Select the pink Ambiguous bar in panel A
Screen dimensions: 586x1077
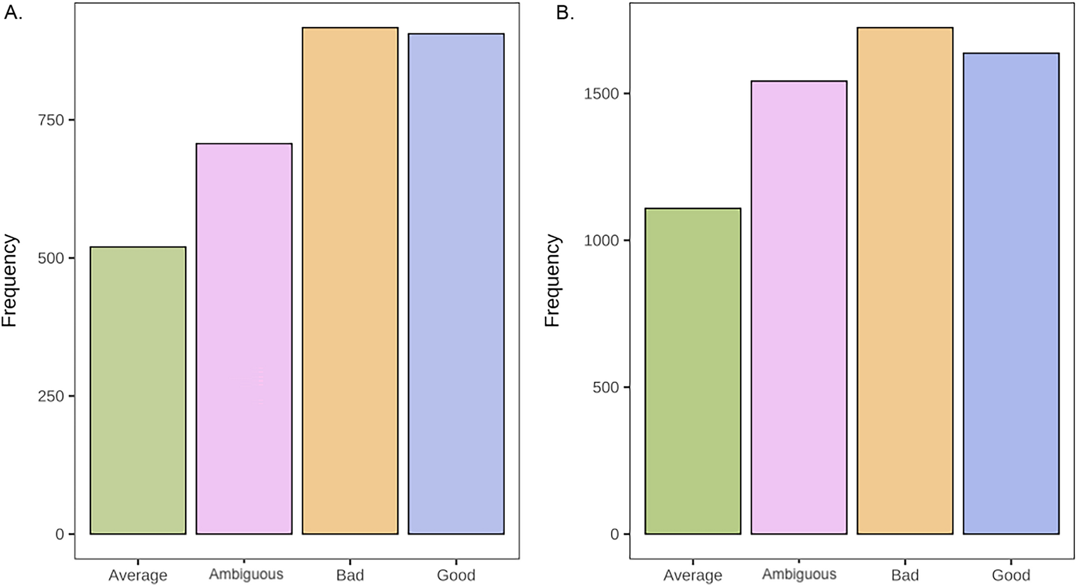pyautogui.click(x=244, y=338)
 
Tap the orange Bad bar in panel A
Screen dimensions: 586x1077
pyautogui.click(x=350, y=281)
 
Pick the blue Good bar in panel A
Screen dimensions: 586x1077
pyautogui.click(x=456, y=283)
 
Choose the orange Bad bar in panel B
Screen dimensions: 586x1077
pyautogui.click(x=904, y=281)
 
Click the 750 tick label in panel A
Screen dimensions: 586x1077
pyautogui.click(x=51, y=120)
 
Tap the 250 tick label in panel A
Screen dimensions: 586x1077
pyautogui.click(x=51, y=396)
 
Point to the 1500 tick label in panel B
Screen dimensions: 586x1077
pyautogui.click(x=601, y=94)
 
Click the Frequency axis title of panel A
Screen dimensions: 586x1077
pyautogui.click(x=10, y=281)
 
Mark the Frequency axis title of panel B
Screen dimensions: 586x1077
pyautogui.click(x=552, y=281)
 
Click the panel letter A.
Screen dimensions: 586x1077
pyautogui.click(x=13, y=13)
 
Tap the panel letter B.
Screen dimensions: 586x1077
pyautogui.click(x=565, y=13)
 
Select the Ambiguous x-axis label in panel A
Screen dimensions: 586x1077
pyautogui.click(x=246, y=574)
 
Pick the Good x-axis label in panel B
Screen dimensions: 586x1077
pyautogui.click(x=1011, y=576)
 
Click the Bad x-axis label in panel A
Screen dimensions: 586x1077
pyautogui.click(x=350, y=576)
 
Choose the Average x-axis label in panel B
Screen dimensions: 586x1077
pyautogui.click(x=693, y=576)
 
